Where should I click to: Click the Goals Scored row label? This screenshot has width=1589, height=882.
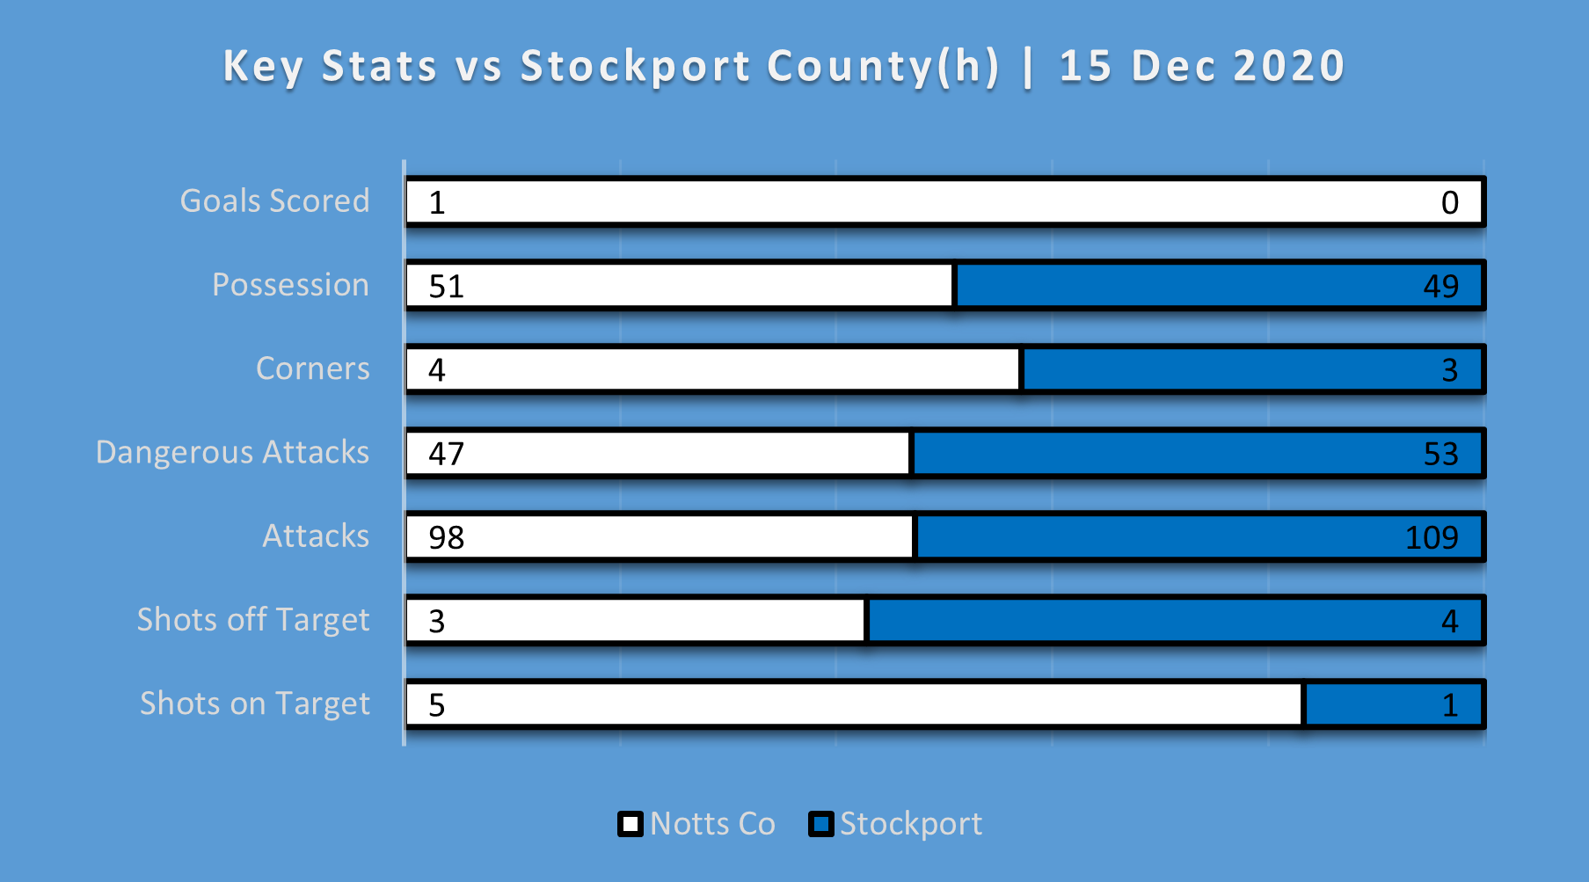click(x=274, y=201)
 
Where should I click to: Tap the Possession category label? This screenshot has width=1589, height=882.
click(x=290, y=285)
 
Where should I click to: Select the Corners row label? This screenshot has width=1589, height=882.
click(x=312, y=368)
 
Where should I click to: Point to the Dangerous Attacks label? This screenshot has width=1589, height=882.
click(x=232, y=452)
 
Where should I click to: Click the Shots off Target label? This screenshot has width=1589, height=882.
click(x=253, y=620)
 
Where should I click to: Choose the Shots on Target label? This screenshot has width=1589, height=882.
click(x=255, y=703)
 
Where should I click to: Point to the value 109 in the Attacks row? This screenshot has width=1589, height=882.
click(x=1432, y=537)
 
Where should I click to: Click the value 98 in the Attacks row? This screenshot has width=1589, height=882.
click(x=446, y=537)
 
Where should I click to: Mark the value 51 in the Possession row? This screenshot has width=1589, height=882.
click(x=446, y=287)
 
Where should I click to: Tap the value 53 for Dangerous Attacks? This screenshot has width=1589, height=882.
click(x=1440, y=454)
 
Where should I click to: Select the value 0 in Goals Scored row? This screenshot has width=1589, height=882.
click(x=1449, y=203)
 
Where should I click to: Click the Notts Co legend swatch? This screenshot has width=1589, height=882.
click(x=630, y=824)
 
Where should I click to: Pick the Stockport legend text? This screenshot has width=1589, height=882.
click(x=910, y=824)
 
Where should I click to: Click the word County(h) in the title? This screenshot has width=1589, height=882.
click(x=883, y=67)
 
